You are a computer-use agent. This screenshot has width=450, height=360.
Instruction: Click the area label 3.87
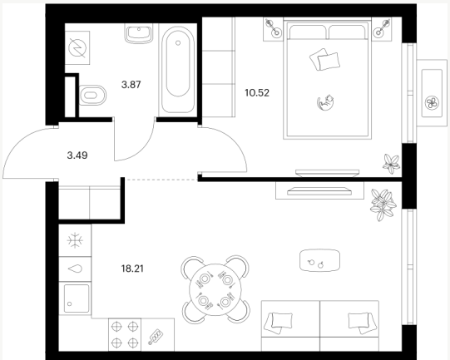pos(131,85)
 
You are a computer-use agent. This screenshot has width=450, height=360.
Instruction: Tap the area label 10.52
pos(257,93)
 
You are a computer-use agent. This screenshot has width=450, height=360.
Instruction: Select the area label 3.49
pos(77,155)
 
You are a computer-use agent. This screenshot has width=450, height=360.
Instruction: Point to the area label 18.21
pos(132,269)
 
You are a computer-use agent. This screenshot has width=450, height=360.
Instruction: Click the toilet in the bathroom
pos(92,96)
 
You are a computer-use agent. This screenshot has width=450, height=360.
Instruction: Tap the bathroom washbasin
pos(139,33)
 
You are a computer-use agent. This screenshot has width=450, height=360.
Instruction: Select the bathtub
pos(178,70)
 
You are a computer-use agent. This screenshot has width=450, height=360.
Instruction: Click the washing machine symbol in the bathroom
pos(77,48)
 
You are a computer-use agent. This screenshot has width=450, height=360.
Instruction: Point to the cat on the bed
pos(325,103)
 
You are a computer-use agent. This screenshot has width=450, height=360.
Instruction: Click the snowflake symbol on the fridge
pos(75,240)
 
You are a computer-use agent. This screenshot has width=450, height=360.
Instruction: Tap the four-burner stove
pos(125,334)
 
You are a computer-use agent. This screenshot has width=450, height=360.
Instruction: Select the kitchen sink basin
pos(77,298)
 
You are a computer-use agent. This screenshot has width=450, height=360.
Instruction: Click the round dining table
pos(215,289)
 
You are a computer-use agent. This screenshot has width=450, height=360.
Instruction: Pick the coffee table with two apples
pos(319,260)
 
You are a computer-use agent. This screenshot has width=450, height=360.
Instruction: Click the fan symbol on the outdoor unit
pos(432,103)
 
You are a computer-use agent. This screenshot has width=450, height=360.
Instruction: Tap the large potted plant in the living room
pos(383,205)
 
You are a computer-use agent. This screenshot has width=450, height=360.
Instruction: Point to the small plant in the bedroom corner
pos(392,164)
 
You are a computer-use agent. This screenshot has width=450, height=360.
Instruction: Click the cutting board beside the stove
pos(156,336)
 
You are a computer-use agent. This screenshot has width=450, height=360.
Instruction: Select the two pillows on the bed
pos(324,59)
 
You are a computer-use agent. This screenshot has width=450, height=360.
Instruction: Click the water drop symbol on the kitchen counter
pos(75,269)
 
